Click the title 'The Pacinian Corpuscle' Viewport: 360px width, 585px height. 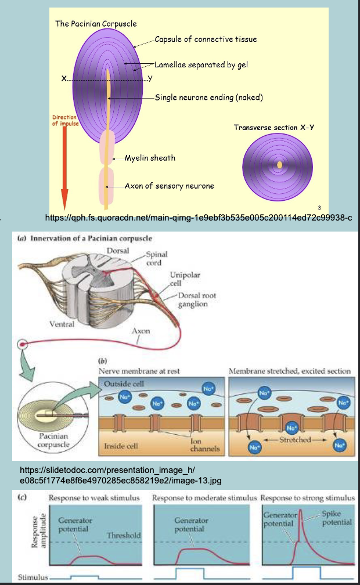96,24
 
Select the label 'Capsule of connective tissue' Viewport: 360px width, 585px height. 206,39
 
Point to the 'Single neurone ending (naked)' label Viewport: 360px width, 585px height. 209,98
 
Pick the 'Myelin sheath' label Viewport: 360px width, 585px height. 150,158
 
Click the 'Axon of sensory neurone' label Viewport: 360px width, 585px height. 170,186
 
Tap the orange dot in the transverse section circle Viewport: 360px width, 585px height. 279,165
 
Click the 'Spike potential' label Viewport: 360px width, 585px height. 336,518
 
